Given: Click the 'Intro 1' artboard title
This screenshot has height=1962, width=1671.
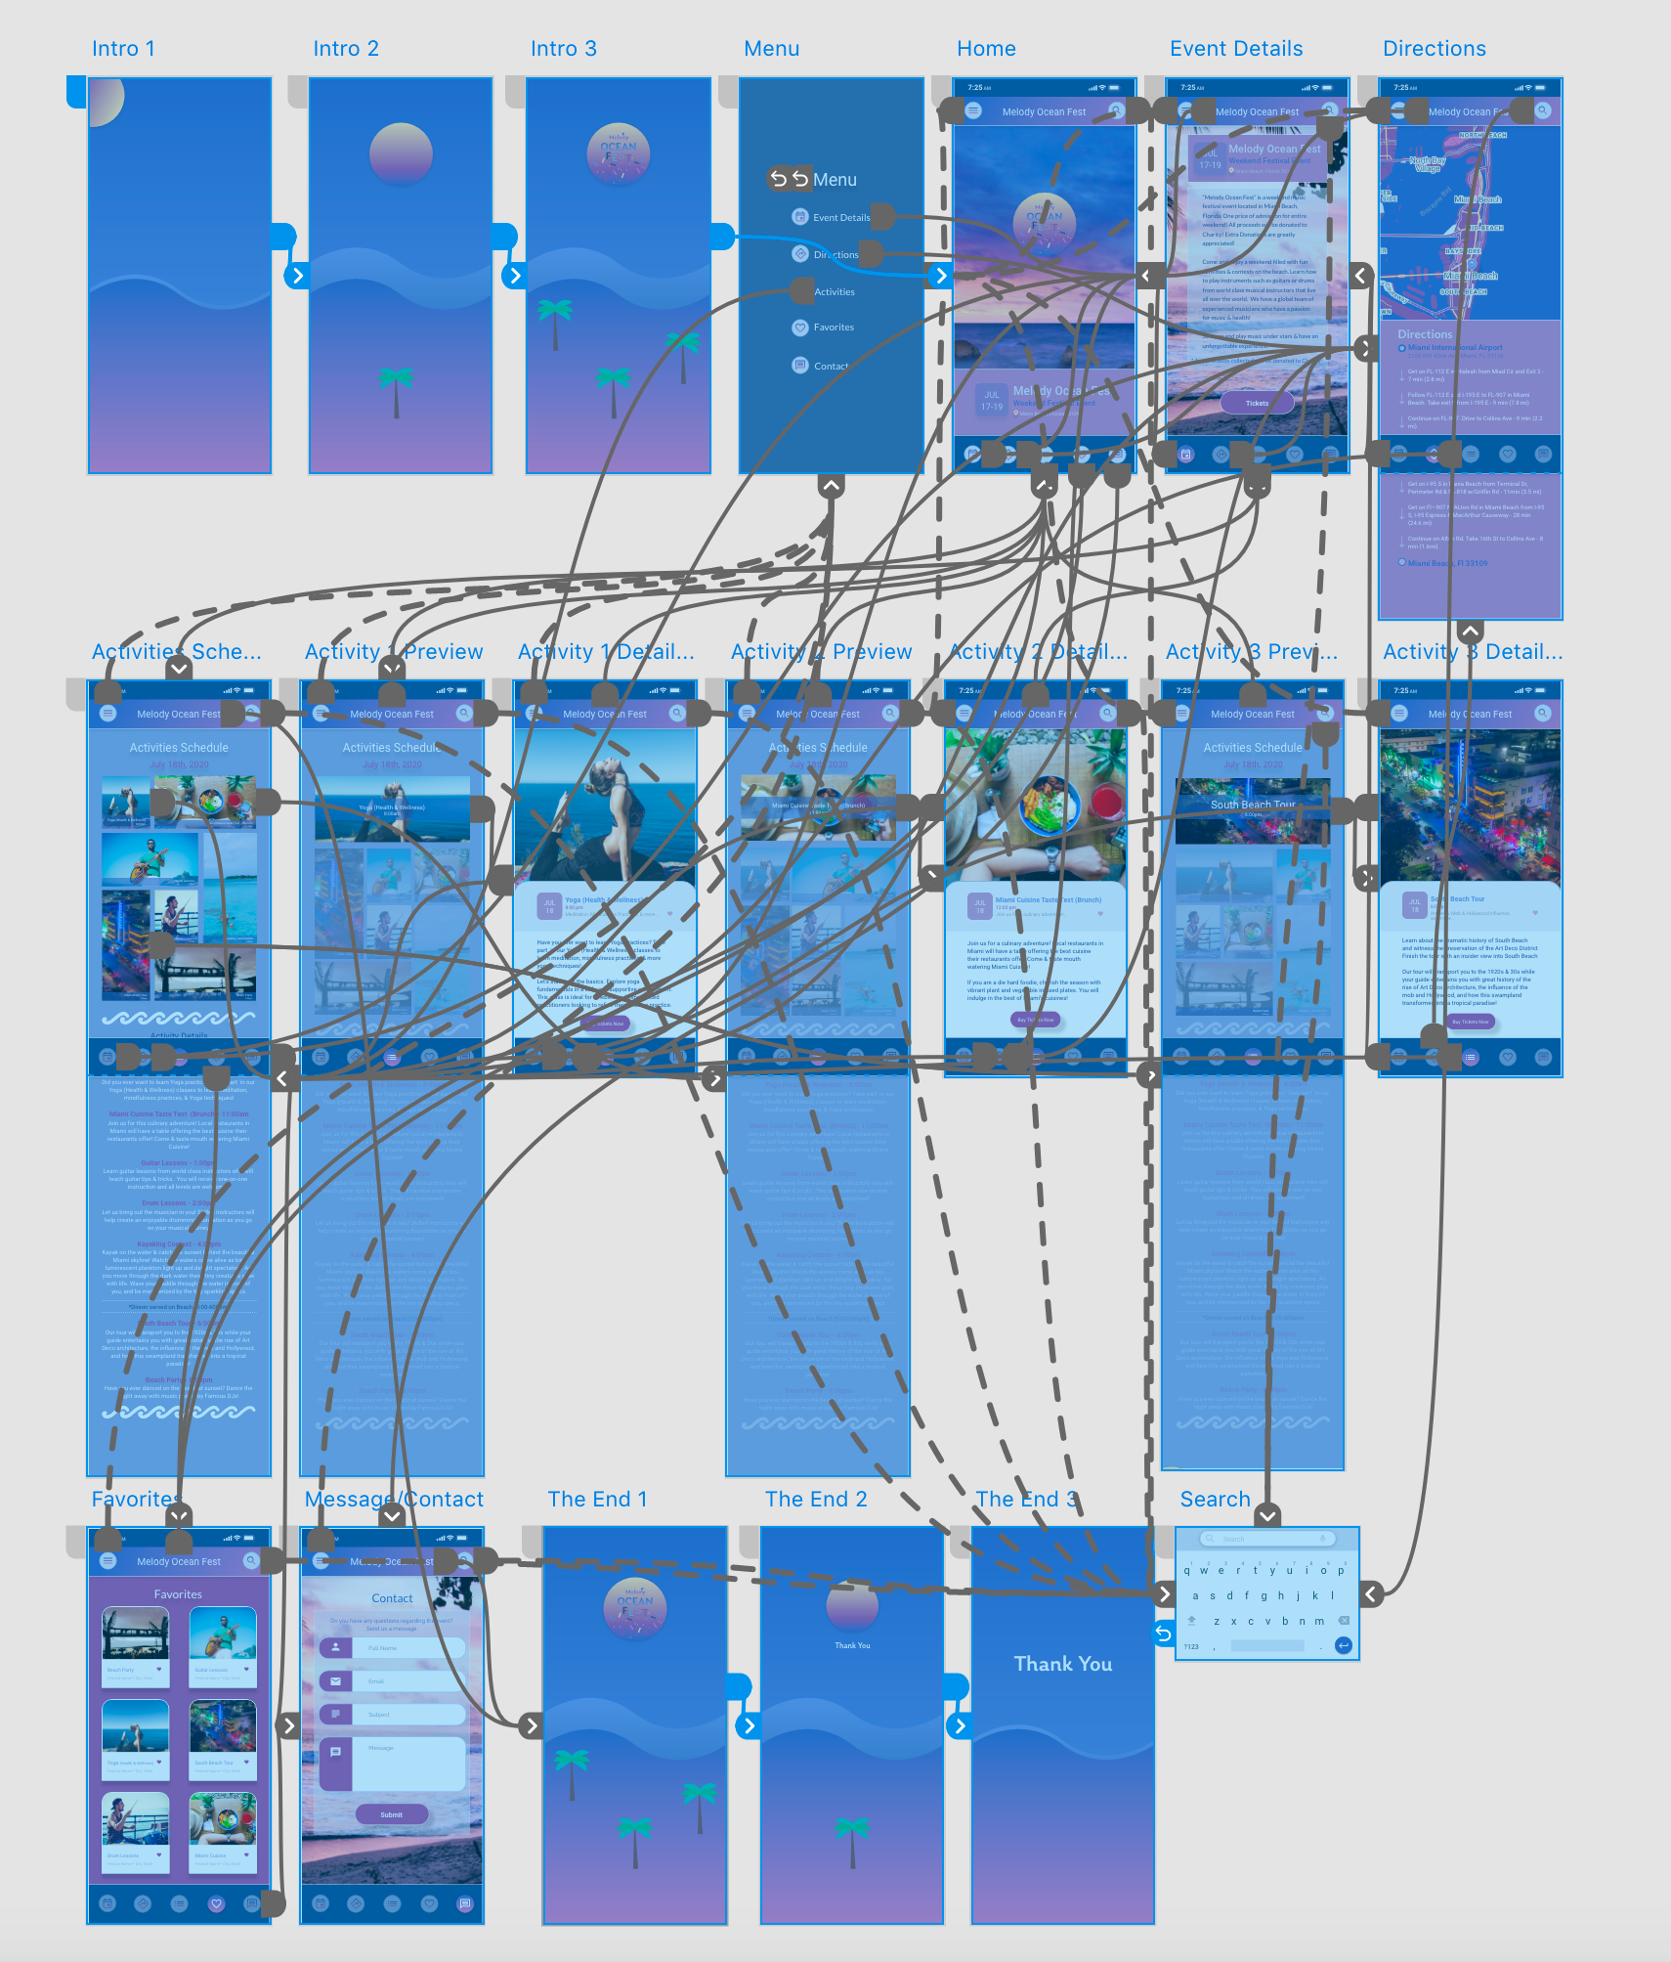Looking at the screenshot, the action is [x=123, y=49].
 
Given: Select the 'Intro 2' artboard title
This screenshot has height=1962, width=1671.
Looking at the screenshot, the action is [x=346, y=49].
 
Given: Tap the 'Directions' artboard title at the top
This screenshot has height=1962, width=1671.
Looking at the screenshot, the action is [x=1434, y=49].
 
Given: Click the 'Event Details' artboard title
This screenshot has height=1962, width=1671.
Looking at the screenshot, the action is [x=1236, y=49].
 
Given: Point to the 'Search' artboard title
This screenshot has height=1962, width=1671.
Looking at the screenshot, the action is [x=1215, y=1500].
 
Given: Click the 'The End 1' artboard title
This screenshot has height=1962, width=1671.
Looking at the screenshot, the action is [x=597, y=1500].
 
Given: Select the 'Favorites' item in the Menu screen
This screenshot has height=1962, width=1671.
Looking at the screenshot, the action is [x=833, y=327].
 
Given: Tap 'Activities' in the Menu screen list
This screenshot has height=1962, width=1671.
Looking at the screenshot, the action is [x=834, y=292].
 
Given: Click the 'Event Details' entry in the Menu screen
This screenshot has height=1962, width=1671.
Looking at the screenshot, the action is [x=840, y=217].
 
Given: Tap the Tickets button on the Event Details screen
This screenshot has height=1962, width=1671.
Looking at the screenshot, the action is [x=1257, y=403].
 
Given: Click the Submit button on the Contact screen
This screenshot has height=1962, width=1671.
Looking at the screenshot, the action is [x=391, y=1814].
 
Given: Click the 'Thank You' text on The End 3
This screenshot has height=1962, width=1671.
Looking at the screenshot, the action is [x=1063, y=1664].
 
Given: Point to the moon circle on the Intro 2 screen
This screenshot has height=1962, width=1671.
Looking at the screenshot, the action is [x=401, y=153].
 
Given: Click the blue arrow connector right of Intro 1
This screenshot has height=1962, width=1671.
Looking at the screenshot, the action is [x=298, y=276].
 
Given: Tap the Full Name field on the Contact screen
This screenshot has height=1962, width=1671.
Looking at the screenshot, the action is [x=391, y=1647].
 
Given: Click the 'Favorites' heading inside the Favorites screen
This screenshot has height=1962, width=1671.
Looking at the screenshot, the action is [x=178, y=1594].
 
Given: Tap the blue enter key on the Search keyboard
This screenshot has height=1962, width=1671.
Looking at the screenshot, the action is [x=1344, y=1646].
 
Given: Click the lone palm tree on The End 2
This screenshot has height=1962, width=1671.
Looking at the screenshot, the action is [x=851, y=1838].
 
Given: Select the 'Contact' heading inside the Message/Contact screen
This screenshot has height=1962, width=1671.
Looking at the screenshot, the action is [x=392, y=1598].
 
